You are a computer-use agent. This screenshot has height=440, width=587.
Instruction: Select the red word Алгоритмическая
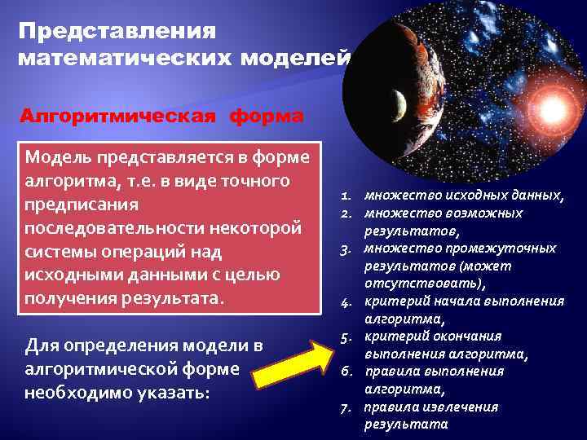pyautogui.click(x=118, y=116)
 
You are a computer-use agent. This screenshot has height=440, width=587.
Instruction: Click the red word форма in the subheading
pyautogui.click(x=267, y=116)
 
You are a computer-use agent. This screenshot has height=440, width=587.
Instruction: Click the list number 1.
pyautogui.click(x=346, y=196)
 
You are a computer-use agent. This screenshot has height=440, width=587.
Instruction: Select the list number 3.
pyautogui.click(x=346, y=249)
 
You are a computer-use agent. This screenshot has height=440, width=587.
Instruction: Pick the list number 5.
pyautogui.click(x=346, y=337)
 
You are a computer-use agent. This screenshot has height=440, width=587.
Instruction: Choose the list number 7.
pyautogui.click(x=346, y=407)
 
